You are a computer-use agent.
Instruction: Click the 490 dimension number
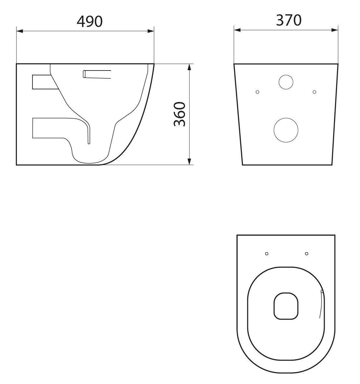(90, 21)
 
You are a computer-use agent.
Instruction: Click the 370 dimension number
(289, 20)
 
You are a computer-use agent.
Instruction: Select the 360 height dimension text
(180, 114)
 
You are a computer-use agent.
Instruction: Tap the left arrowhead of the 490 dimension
(19, 31)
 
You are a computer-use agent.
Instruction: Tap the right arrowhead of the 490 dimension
(151, 31)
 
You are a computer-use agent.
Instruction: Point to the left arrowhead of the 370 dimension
(237, 30)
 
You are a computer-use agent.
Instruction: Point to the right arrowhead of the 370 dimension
(335, 30)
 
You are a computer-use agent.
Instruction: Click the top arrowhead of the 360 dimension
(189, 67)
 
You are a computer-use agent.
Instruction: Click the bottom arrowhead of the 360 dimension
(189, 162)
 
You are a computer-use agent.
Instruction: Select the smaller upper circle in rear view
(286, 82)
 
